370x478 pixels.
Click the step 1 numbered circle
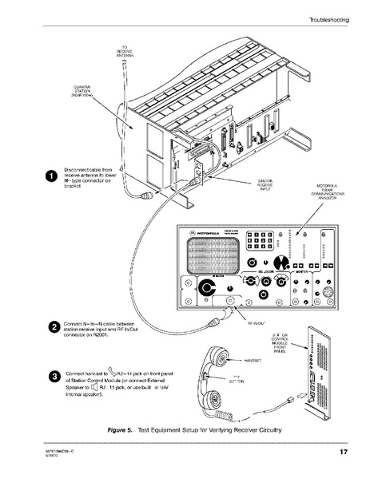click(x=50, y=176)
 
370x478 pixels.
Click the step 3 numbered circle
click(x=53, y=376)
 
